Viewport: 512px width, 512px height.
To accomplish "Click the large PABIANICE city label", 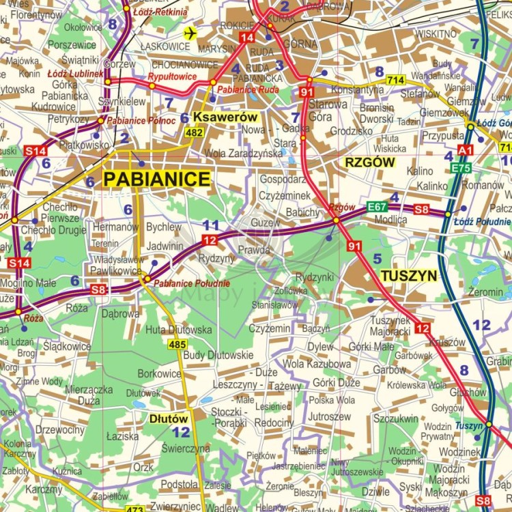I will click(156, 180).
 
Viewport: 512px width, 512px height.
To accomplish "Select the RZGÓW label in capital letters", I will click(371, 162).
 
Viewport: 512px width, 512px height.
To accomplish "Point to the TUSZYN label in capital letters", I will click(408, 275).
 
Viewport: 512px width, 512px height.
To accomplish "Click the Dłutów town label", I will click(169, 418).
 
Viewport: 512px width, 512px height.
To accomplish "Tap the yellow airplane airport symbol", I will click(189, 32).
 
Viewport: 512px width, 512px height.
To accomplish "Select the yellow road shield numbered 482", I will click(194, 132).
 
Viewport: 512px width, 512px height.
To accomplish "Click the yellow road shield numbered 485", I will click(177, 345).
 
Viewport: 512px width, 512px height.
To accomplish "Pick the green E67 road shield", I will click(377, 206).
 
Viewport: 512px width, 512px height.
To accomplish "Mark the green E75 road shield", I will click(461, 168).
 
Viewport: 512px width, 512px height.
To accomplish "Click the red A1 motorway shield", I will click(466, 150).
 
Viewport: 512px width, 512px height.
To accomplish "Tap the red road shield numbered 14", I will click(247, 37).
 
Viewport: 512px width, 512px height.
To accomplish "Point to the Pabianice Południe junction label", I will click(192, 283).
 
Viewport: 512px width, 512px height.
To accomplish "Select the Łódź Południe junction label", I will click(485, 222).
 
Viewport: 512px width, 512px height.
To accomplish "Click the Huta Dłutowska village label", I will click(178, 330).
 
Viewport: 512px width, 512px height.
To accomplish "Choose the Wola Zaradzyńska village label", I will click(243, 154).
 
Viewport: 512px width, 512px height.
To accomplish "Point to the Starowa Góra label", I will click(319, 111).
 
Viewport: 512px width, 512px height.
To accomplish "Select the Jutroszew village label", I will click(329, 415).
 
